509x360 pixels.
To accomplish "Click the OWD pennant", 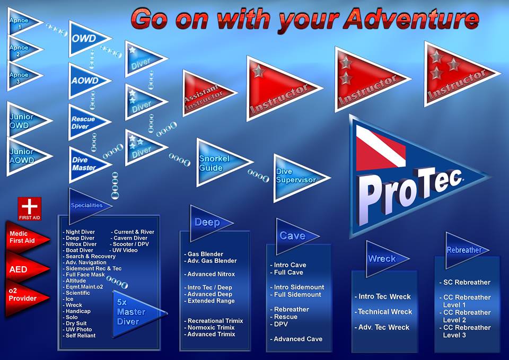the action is (x=86, y=39).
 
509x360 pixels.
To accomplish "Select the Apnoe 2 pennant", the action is (x=21, y=49).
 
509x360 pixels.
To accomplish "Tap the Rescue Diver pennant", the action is (x=85, y=122).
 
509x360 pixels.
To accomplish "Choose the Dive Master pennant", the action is (x=86, y=164).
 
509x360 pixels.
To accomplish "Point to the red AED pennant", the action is (x=24, y=269).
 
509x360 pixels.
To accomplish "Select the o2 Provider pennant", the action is (x=24, y=297).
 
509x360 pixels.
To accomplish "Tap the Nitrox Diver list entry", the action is (x=80, y=244).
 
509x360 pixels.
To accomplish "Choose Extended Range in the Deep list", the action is (x=210, y=301).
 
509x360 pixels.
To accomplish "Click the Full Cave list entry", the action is (x=287, y=273).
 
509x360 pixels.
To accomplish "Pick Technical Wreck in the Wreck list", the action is (x=383, y=312).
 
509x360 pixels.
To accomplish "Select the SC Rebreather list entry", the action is (x=465, y=283).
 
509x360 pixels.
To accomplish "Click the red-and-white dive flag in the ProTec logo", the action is (x=381, y=148).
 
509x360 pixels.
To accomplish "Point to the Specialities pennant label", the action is (x=86, y=206).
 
